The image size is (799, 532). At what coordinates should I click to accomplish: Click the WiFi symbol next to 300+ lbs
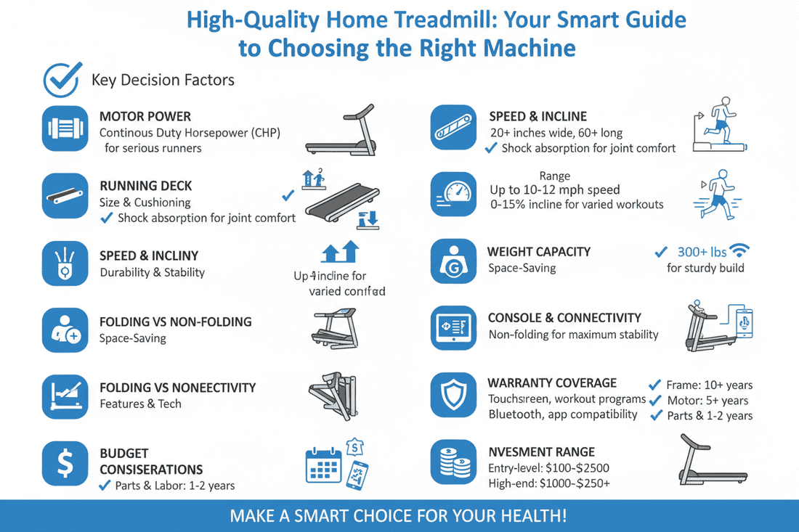tap(740, 251)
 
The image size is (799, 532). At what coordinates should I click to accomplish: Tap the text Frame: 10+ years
tap(709, 385)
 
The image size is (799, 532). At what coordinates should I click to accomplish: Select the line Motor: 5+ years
tap(707, 401)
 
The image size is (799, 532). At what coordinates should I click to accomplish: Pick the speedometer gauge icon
tap(453, 195)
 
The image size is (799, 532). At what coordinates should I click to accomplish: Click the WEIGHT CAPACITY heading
tap(538, 252)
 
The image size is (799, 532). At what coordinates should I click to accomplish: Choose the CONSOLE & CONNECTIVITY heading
tap(564, 318)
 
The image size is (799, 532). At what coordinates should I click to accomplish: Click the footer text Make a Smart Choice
tap(398, 516)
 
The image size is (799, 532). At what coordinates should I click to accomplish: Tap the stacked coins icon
tap(453, 461)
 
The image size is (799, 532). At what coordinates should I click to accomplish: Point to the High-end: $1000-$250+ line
tap(548, 483)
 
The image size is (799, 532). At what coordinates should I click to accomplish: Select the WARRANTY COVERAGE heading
tap(552, 383)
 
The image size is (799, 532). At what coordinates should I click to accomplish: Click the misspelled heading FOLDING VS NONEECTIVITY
tap(177, 388)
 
